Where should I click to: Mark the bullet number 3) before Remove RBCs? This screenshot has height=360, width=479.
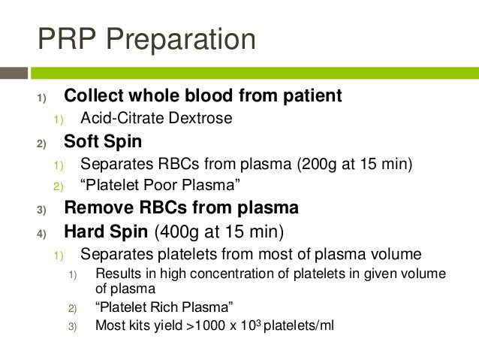click(x=41, y=209)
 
